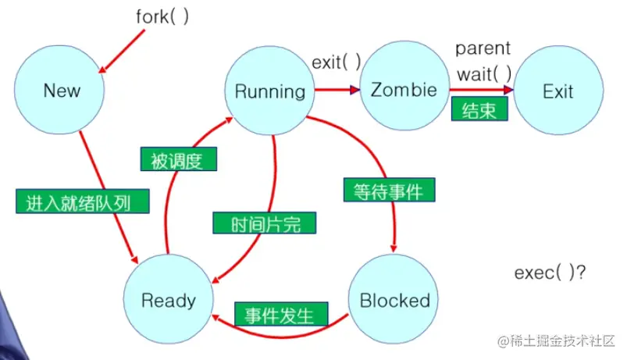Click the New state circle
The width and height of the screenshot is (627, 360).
tap(62, 91)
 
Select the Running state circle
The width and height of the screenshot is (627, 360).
tap(270, 91)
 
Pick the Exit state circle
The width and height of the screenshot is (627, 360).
tap(558, 91)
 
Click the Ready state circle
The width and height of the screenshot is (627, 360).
tap(168, 300)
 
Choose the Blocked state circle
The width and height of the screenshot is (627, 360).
tap(394, 300)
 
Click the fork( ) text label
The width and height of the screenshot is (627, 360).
tap(163, 17)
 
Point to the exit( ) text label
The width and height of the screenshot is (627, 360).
tap(337, 61)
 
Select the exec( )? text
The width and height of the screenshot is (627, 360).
tap(550, 273)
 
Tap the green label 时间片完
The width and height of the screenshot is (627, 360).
tap(264, 223)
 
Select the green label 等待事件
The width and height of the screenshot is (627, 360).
tap(388, 190)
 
